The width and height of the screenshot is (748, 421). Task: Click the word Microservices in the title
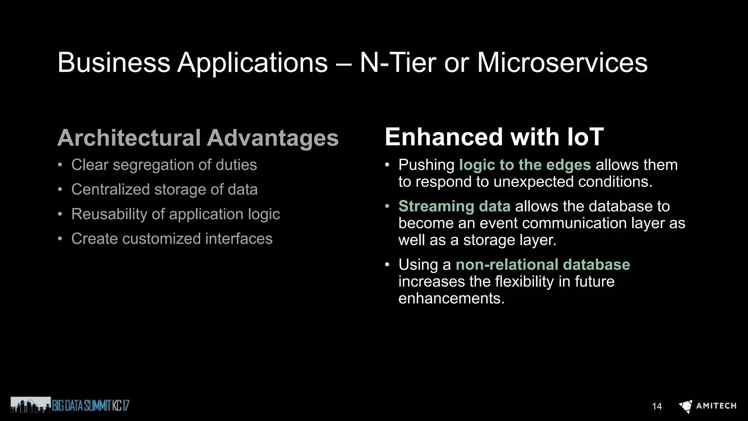pos(562,62)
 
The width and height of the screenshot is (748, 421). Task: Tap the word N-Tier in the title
pos(398,62)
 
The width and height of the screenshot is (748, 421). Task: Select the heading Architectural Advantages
pos(198,138)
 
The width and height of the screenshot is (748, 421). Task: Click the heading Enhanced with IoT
pos(494,137)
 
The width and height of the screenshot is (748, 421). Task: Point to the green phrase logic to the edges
pos(524,165)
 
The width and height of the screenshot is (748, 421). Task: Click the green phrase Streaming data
pos(454,206)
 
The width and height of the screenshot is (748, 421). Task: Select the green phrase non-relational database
pos(542,265)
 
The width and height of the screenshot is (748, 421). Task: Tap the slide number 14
pos(657,406)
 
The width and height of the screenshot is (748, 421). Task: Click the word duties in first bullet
pos(236,165)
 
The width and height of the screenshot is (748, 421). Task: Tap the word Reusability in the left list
pos(109,214)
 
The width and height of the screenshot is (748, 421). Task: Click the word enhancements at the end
pos(451,299)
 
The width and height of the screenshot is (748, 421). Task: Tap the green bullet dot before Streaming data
pos(387,206)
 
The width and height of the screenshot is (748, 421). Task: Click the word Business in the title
pos(114,62)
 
